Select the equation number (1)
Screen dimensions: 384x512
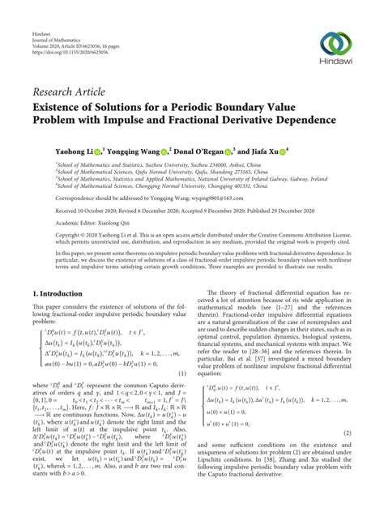184,373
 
